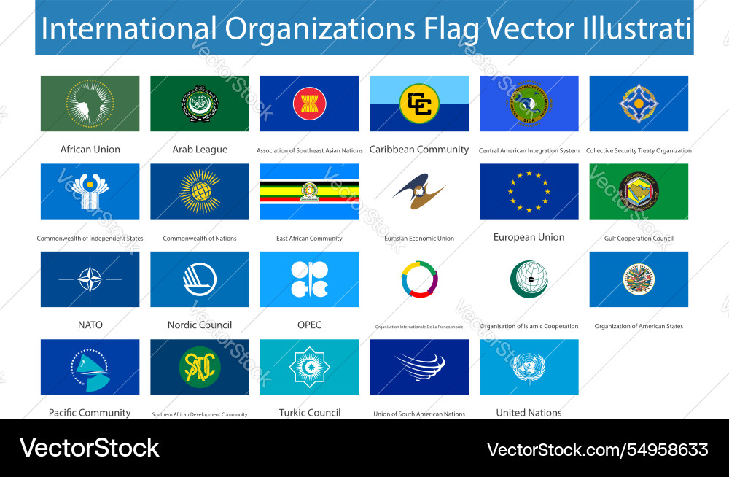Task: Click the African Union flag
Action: pos(90,104)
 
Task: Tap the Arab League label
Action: pos(200,150)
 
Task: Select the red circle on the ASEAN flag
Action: pos(309,104)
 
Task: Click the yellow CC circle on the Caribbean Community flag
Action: pos(419,104)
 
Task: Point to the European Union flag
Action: pos(529,191)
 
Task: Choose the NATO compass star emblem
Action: pos(90,279)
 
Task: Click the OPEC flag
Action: pos(309,279)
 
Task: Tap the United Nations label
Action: pos(529,413)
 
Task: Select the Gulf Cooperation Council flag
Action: pos(639,191)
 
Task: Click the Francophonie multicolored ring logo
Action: pos(419,279)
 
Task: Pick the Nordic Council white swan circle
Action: pos(200,279)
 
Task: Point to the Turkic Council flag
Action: pos(309,367)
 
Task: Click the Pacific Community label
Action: pos(90,413)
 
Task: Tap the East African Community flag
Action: pos(309,191)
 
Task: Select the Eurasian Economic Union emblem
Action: pos(419,191)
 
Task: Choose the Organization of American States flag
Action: pos(639,279)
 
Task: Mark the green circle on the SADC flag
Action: pos(200,367)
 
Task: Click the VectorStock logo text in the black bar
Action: pos(89,447)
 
